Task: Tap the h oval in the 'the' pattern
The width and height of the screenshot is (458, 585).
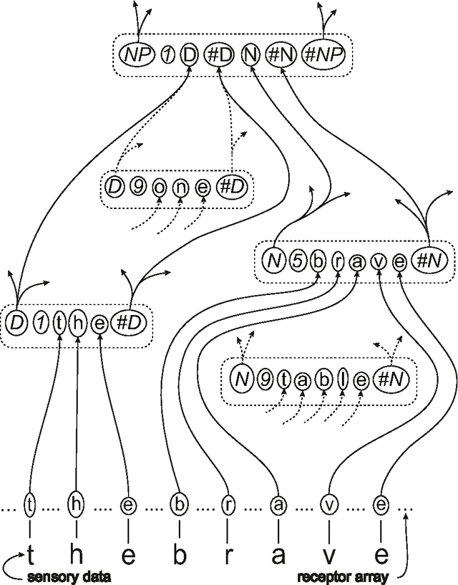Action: click(x=77, y=324)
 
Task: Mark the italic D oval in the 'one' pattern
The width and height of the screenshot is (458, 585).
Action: click(x=114, y=188)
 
